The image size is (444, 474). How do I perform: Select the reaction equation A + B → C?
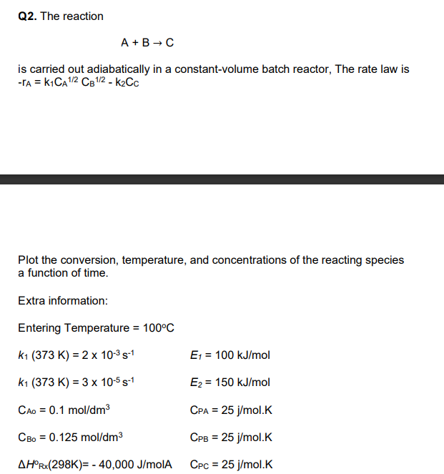(147, 43)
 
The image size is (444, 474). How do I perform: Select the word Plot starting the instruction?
(29, 260)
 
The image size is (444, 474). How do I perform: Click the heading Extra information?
(63, 300)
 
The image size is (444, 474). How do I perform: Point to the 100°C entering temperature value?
(159, 328)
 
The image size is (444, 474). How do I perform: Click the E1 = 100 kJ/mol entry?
(230, 355)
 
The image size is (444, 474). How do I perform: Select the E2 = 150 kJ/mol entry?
(230, 382)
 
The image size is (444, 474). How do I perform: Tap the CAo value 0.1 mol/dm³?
(77, 410)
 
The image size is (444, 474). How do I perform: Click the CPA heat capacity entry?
(232, 410)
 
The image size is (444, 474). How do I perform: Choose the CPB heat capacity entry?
(232, 437)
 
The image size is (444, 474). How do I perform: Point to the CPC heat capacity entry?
(232, 464)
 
